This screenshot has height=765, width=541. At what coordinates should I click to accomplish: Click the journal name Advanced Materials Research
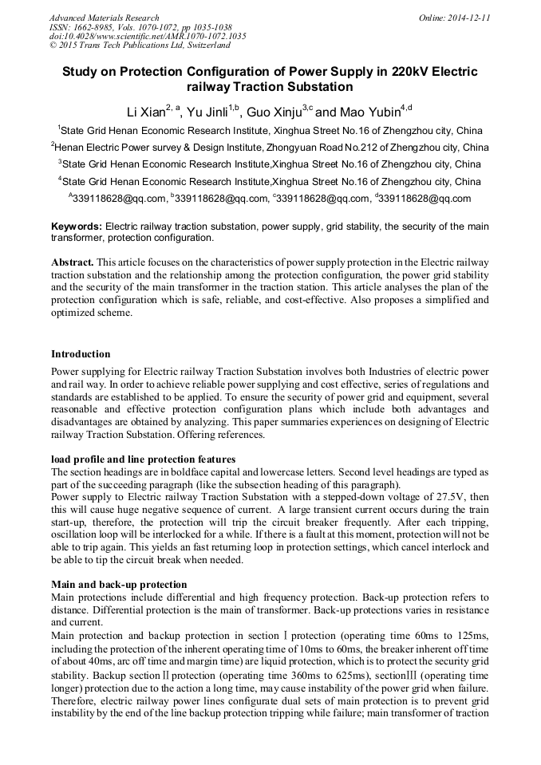[104, 18]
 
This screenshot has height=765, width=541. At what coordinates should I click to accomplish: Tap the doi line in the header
[148, 36]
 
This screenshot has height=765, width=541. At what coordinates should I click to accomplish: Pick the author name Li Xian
[145, 111]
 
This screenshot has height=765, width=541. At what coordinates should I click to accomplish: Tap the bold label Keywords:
[76, 227]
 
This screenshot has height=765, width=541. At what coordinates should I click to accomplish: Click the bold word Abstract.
[73, 262]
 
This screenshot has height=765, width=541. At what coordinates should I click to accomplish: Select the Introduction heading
[81, 353]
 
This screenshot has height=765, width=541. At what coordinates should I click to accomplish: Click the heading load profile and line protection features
[143, 459]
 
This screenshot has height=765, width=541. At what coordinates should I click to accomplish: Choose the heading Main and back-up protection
[119, 585]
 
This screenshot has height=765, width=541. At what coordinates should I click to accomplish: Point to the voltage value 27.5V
[430, 496]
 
